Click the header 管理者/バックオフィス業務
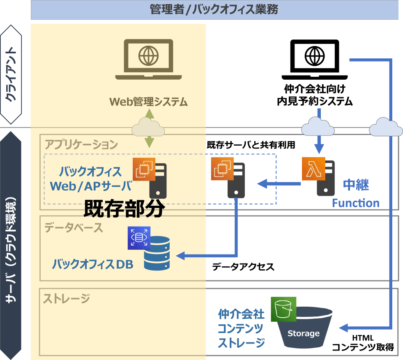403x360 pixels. pos(214,10)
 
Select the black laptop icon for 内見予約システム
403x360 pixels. pos(315,60)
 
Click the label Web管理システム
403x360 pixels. pos(148,101)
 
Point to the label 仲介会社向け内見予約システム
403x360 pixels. pos(315,94)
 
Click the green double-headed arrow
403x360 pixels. pos(149,128)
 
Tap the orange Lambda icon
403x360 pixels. pos(313,168)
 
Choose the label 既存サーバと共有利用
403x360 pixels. pos(251,145)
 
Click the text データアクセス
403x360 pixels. pos(243,267)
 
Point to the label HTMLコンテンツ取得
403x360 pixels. pos(363,343)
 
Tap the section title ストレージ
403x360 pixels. pos(67,298)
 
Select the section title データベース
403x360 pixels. pos(74,227)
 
